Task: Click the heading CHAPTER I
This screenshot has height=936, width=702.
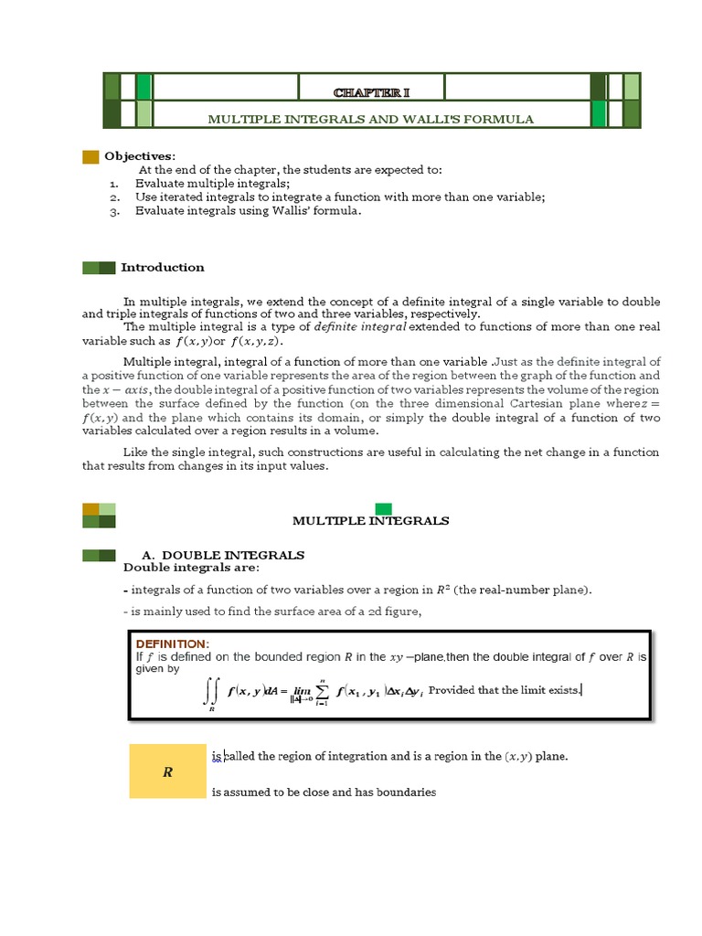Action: (x=370, y=93)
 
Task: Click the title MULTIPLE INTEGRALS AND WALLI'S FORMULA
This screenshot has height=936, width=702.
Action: (x=370, y=119)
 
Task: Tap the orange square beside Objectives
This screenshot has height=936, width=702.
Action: (x=90, y=156)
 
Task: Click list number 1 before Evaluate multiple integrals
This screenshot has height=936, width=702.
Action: (x=113, y=183)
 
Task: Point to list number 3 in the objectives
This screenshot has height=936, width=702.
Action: (x=113, y=210)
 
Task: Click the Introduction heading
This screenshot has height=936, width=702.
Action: (x=163, y=267)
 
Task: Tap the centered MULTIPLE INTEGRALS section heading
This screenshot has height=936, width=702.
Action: (x=370, y=520)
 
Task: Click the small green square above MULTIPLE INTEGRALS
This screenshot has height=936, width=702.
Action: (x=383, y=508)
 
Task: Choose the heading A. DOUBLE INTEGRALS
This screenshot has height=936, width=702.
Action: (x=223, y=555)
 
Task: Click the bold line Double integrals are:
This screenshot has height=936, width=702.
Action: (x=191, y=568)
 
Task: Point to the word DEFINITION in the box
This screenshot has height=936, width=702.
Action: (x=173, y=643)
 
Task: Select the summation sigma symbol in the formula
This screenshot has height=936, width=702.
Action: (x=321, y=691)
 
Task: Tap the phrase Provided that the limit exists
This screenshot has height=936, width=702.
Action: (x=505, y=690)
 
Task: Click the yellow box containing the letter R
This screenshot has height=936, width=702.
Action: (x=167, y=771)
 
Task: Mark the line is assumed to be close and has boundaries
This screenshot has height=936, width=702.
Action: (x=324, y=792)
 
